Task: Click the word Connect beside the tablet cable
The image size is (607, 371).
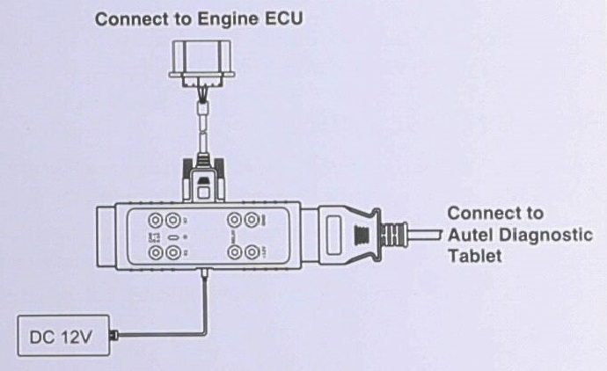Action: coord(482,214)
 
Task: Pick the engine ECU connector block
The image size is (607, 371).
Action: coord(202,62)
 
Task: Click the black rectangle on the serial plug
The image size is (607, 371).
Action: coord(203,188)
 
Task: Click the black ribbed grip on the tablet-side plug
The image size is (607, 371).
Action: coord(360,235)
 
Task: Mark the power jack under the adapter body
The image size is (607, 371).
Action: coord(206,280)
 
